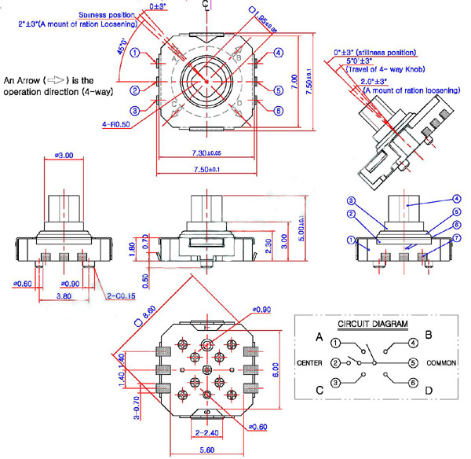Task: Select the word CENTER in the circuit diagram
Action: pos(312,363)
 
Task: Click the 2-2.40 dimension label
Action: pos(206,432)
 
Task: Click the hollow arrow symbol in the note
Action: pos(56,81)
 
